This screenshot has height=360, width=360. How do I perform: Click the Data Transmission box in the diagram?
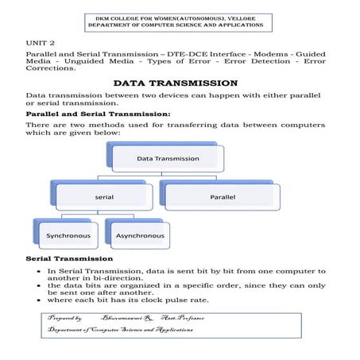168,158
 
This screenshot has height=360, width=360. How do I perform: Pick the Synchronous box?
68,235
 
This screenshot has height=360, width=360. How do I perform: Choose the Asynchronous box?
140,235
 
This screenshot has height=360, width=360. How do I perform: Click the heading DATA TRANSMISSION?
175,83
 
